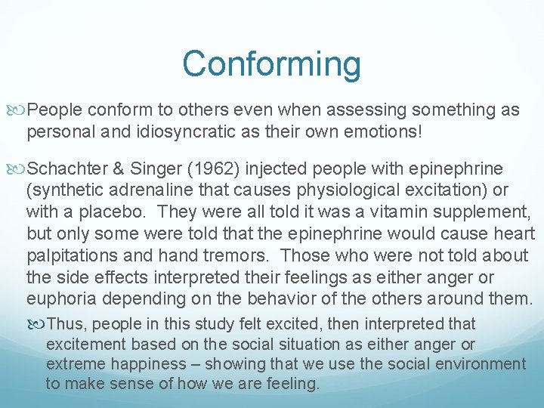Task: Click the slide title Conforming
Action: pyautogui.click(x=271, y=64)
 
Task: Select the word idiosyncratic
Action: pyautogui.click(x=178, y=131)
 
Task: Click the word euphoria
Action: pyautogui.click(x=60, y=298)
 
